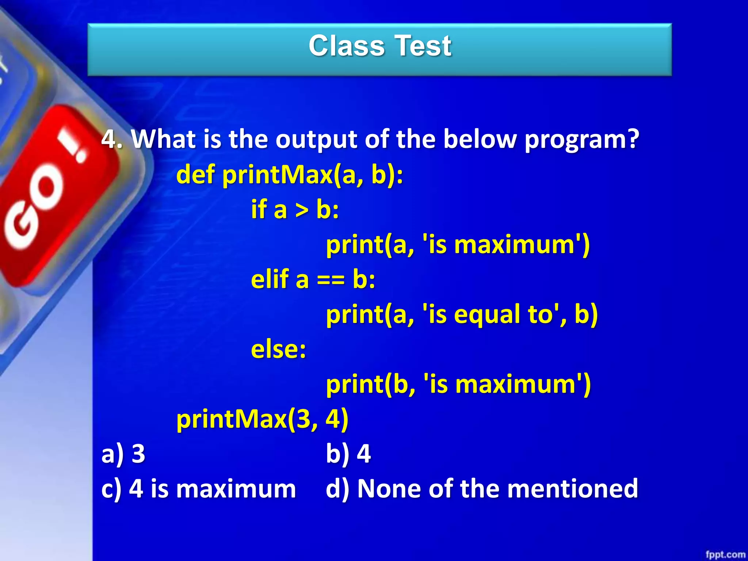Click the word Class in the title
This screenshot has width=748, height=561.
coord(346,46)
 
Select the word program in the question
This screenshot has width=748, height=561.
coord(582,140)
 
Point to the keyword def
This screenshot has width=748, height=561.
coord(195,174)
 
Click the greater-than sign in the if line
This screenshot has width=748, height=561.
coord(302,210)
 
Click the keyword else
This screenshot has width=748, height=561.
coord(278,349)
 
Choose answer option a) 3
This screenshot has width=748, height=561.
coord(123,454)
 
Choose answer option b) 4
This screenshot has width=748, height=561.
coord(348,454)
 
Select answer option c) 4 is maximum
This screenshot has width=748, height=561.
coord(198,489)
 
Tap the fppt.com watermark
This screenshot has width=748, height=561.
coord(725,554)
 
